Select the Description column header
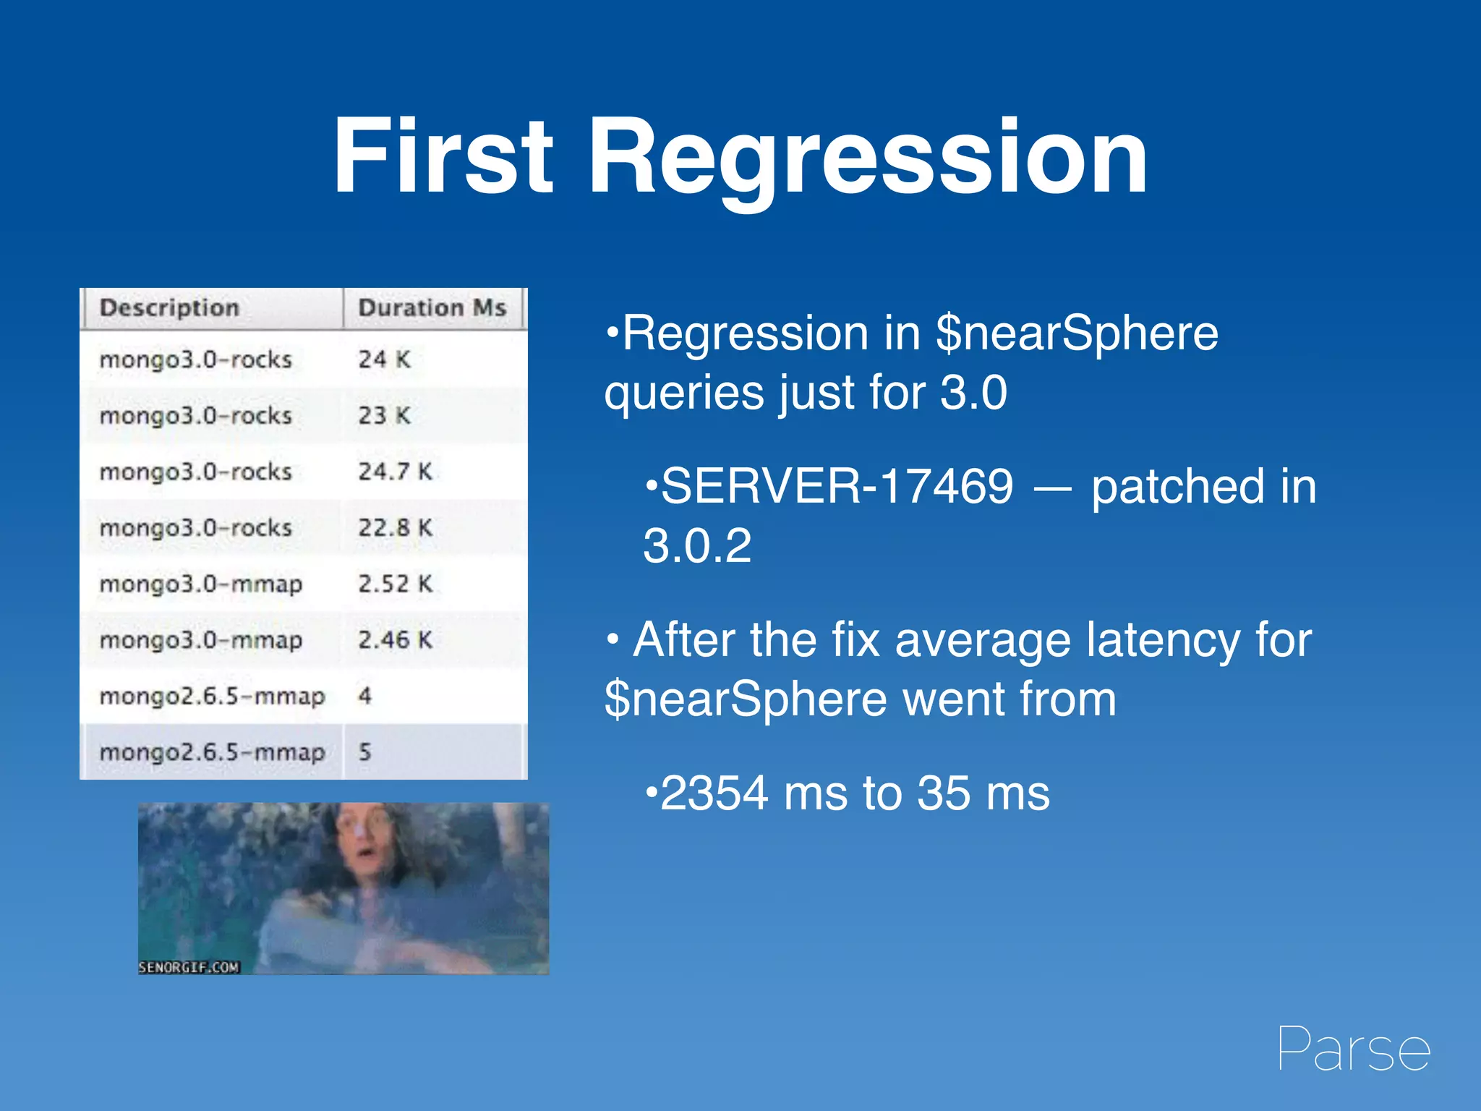tap(169, 308)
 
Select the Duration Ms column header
tap(432, 308)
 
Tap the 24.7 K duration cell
tap(395, 472)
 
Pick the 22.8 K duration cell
tap(395, 528)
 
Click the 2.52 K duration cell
tap(395, 584)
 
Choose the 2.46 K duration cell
tap(395, 639)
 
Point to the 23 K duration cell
tap(384, 416)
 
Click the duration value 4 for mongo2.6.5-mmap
tap(365, 696)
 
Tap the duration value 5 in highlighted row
tap(365, 752)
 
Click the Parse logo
tap(1353, 1049)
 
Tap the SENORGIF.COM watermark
tap(189, 967)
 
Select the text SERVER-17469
tap(837, 486)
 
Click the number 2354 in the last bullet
tap(714, 793)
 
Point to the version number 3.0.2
tap(697, 546)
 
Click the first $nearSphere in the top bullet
tap(1076, 333)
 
